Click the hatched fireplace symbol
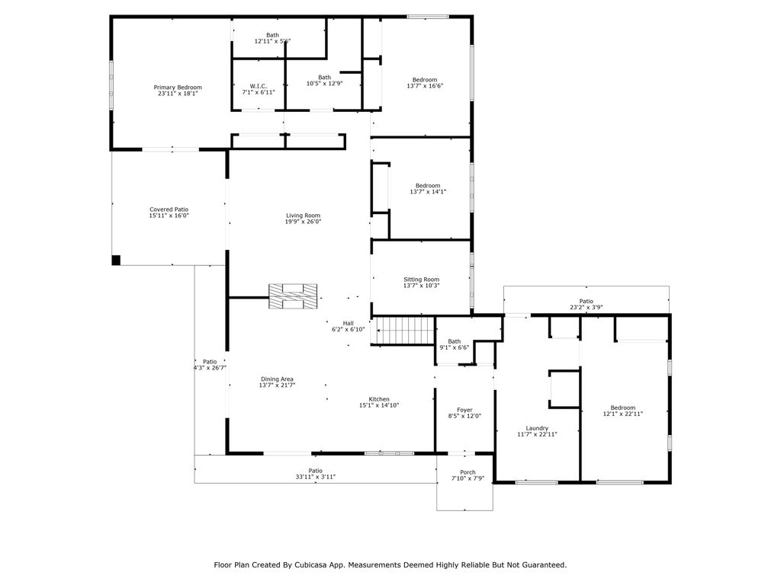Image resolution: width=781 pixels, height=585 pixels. tap(292, 296)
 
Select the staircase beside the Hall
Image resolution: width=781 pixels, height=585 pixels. tap(407, 331)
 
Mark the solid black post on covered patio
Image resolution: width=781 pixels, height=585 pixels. tap(116, 260)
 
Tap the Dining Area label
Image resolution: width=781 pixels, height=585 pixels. tap(277, 379)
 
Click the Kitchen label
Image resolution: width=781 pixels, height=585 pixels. tap(379, 399)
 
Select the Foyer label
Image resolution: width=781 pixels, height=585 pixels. tap(464, 410)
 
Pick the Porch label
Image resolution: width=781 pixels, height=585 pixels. tap(464, 472)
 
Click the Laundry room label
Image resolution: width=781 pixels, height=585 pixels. tap(537, 428)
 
